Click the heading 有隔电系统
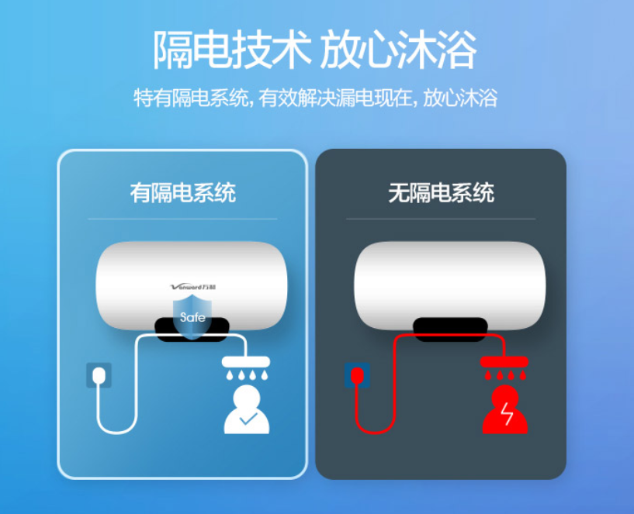(x=182, y=192)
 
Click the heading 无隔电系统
(x=441, y=192)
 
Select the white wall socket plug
(x=99, y=375)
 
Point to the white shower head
(x=245, y=362)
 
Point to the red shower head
(x=504, y=362)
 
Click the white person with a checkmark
(x=246, y=411)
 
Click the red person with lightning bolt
(x=504, y=411)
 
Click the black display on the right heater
(x=450, y=329)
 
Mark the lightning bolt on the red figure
(x=506, y=416)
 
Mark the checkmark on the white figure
(x=248, y=419)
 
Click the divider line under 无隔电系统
(x=441, y=219)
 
